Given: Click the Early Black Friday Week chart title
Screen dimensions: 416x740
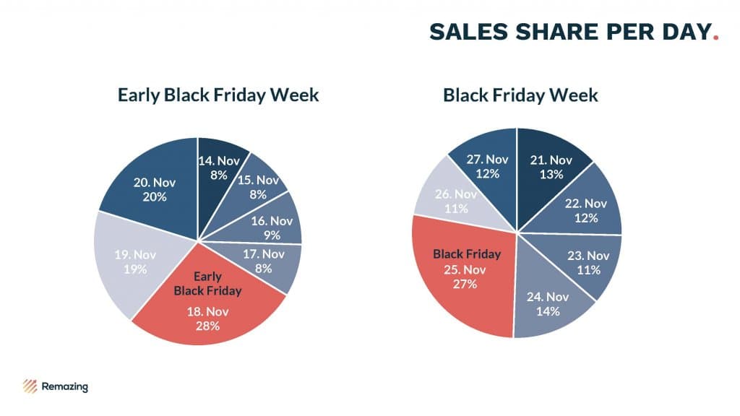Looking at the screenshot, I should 218,95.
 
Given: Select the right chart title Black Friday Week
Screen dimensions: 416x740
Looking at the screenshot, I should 520,95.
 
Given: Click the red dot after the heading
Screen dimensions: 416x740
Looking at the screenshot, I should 715,37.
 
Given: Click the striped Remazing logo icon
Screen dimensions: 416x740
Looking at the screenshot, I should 30,386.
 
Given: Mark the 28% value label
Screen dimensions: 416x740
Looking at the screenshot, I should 207,325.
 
